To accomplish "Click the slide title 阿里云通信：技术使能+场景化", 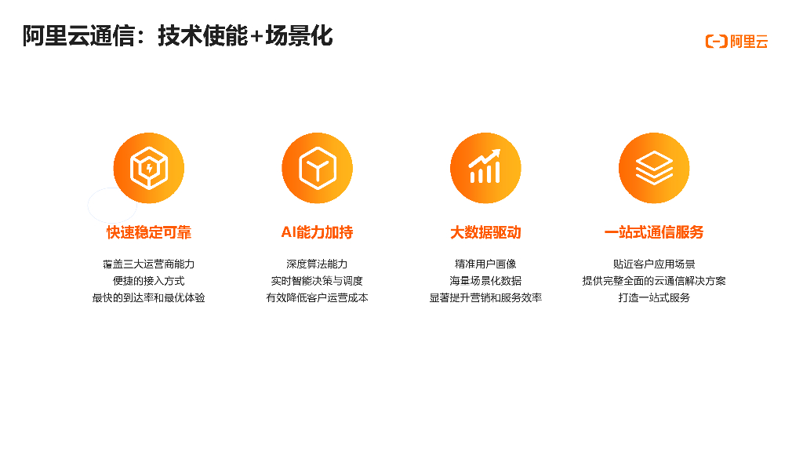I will click(177, 36).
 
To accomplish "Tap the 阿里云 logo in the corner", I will click(736, 42).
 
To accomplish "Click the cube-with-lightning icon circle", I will click(148, 168).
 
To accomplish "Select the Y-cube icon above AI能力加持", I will click(317, 168).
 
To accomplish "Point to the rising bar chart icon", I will click(485, 168).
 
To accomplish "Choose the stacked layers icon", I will click(654, 168).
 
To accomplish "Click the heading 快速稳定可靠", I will click(148, 232).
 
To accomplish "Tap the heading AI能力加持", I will click(317, 232).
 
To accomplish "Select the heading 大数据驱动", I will click(485, 232).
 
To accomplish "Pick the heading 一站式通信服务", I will click(654, 232).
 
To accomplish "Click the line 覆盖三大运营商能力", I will click(148, 264).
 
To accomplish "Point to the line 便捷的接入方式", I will click(148, 281).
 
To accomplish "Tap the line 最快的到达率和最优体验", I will click(148, 298).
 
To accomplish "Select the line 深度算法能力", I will click(317, 264).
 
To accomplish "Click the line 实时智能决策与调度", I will click(317, 281).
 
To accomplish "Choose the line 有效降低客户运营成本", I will click(317, 298).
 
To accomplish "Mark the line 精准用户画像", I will click(485, 264).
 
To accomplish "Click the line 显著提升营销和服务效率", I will click(485, 298).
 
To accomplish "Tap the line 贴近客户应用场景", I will click(654, 264).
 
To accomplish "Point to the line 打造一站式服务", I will click(654, 298).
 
